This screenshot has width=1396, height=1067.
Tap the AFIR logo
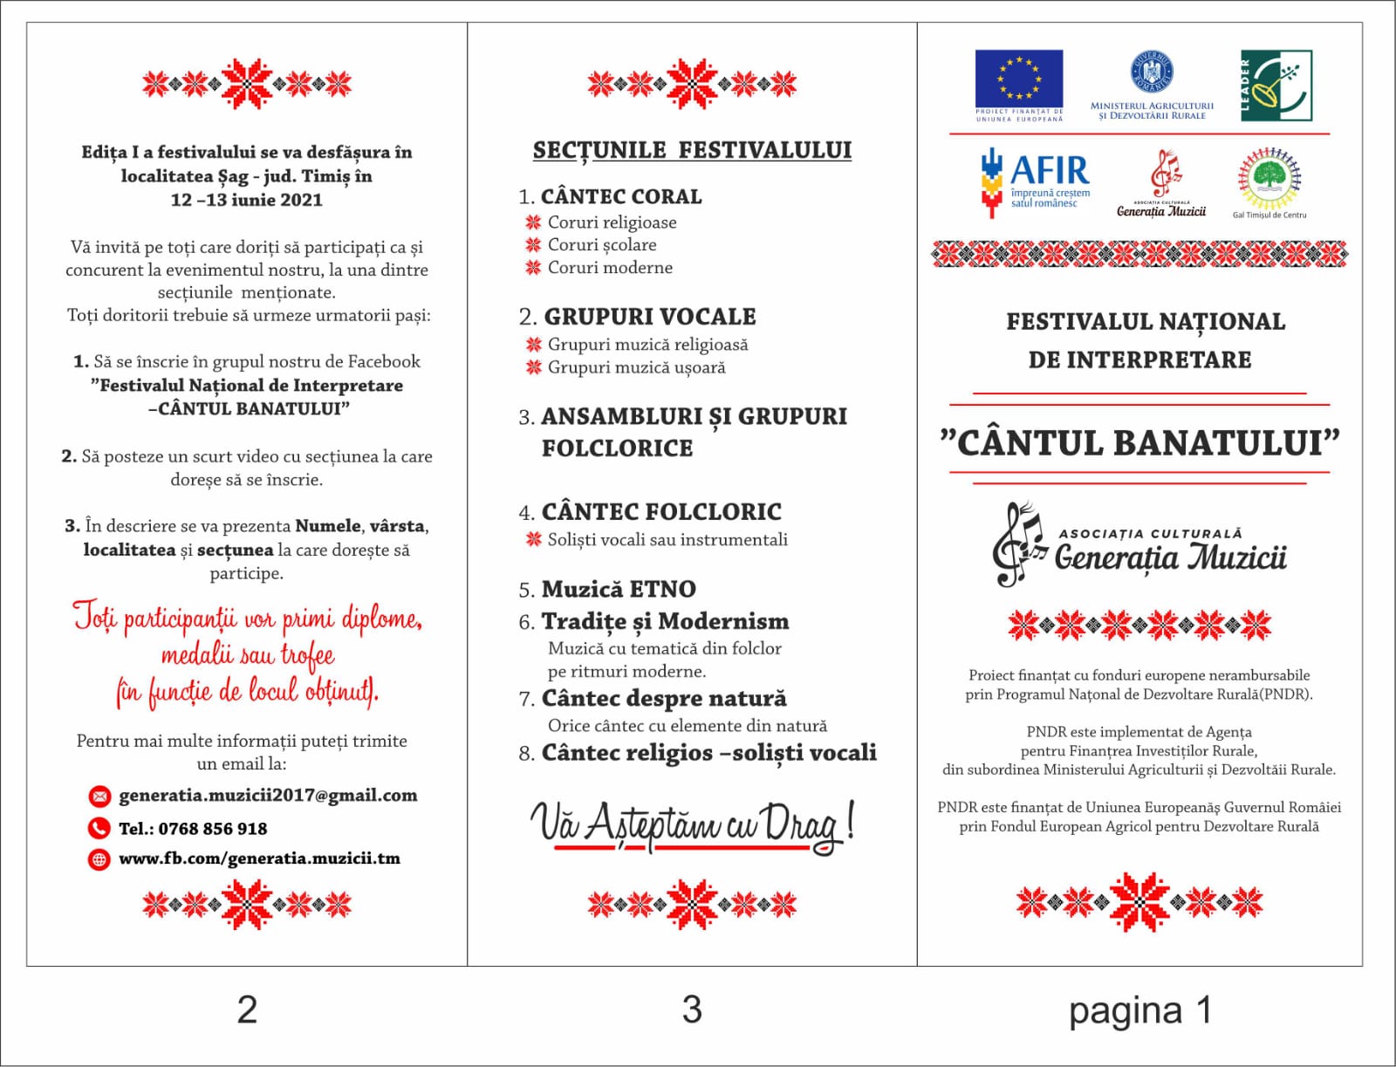(1035, 181)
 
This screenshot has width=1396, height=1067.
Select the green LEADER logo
(1276, 85)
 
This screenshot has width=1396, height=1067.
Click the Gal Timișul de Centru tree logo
(1269, 178)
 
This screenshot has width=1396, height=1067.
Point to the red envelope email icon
(99, 796)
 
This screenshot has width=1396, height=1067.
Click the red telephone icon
(99, 828)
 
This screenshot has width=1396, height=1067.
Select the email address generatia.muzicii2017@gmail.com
(268, 796)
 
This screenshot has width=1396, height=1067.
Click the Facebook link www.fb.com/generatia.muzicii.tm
(259, 858)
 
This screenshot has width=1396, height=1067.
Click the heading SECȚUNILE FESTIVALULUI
(692, 150)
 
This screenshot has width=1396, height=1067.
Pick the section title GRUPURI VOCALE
(649, 316)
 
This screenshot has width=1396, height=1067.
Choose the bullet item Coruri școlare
(602, 245)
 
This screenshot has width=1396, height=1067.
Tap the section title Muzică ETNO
(619, 590)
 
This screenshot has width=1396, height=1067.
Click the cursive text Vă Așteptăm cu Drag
(692, 824)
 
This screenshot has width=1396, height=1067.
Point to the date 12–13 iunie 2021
(247, 200)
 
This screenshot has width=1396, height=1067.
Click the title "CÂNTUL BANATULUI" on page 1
(1139, 442)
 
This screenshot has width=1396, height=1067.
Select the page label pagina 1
(1139, 1010)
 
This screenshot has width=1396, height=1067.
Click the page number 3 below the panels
(692, 1009)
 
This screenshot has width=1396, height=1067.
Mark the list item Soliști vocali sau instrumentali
(667, 540)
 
